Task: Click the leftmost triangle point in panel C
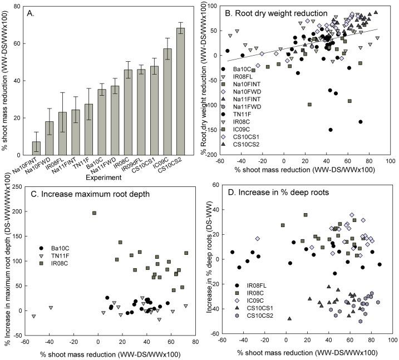pyautogui.click(x=34, y=316)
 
